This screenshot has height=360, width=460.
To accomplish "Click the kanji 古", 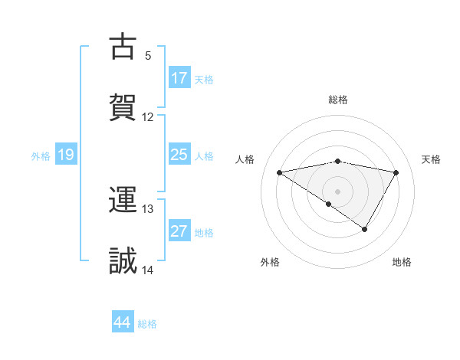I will tap(123, 47).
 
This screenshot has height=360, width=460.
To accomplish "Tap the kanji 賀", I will tap(123, 106).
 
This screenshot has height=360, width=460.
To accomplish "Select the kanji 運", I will tap(123, 201).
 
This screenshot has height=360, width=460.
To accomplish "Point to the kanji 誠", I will tap(123, 260).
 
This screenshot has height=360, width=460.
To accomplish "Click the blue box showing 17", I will tap(179, 78).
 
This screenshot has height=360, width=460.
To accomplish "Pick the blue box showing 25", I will tap(179, 155).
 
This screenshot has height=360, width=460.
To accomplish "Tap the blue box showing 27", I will tap(179, 232).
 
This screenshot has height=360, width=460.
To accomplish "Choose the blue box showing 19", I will tap(66, 155).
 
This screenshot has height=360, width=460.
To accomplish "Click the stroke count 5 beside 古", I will tap(148, 56).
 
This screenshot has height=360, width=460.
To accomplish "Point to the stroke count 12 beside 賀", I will tap(148, 117).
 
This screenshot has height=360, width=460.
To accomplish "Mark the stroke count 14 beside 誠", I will tap(148, 270).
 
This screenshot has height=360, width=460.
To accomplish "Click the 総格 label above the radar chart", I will tap(338, 100).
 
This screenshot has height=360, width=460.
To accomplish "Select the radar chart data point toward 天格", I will tap(396, 172).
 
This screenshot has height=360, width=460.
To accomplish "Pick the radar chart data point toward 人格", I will tap(280, 172).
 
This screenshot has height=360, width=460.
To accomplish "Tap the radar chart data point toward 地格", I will tap(365, 229).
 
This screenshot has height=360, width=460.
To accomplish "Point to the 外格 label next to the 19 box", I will tap(41, 156).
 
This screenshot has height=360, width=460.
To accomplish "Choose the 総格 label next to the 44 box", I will tap(147, 324).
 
